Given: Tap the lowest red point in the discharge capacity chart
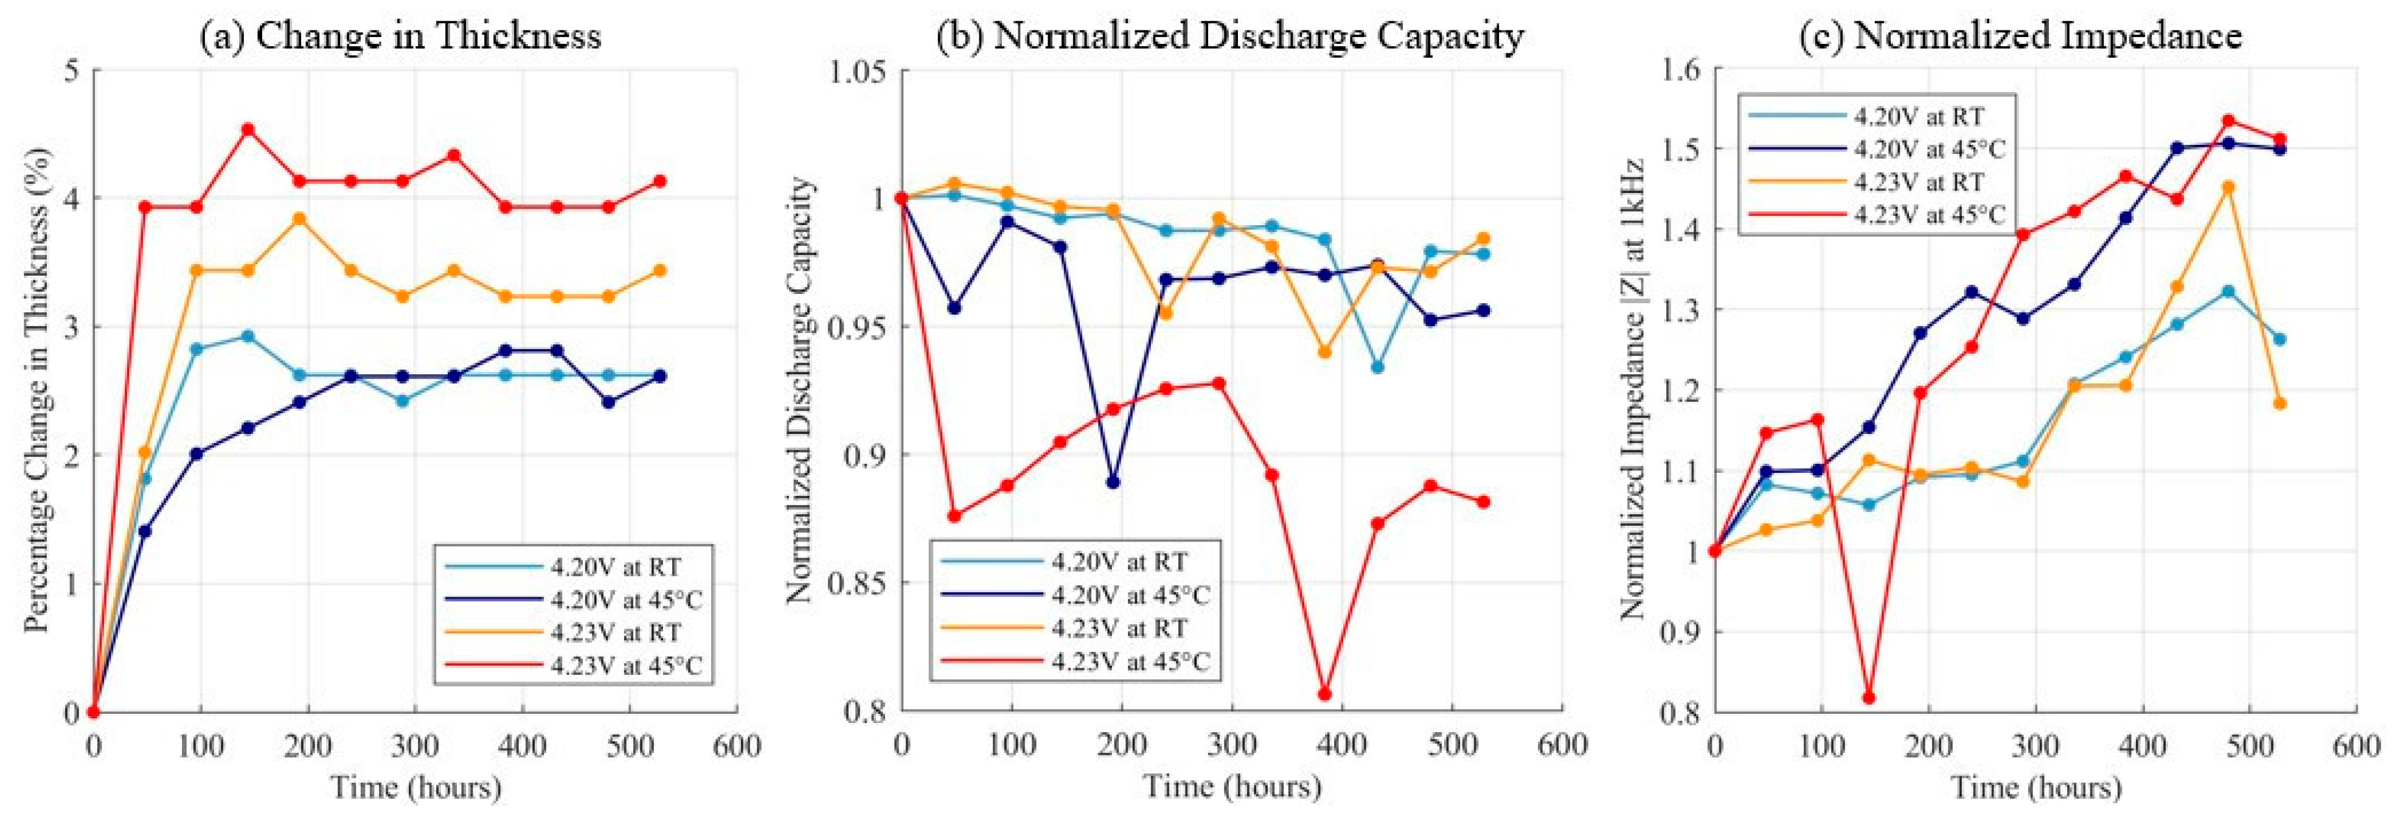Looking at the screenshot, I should [x=1325, y=694].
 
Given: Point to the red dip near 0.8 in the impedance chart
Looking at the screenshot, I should [x=1869, y=697].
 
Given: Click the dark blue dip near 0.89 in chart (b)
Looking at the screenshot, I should [x=1113, y=482].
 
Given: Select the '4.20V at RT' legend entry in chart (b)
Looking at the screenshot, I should [x=1119, y=562].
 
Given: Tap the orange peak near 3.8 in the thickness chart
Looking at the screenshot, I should [x=299, y=219].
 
